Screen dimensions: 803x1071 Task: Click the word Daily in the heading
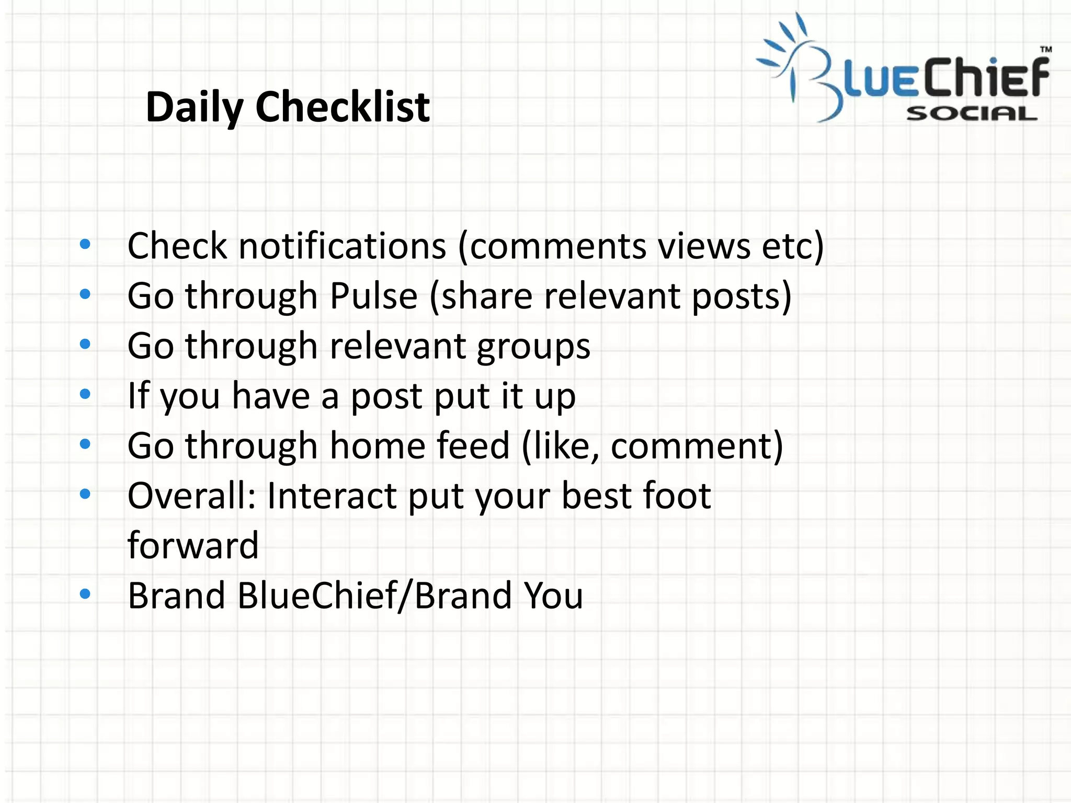(x=195, y=107)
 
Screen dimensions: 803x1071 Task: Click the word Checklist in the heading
(x=343, y=107)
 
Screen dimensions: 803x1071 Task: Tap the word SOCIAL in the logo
(x=971, y=113)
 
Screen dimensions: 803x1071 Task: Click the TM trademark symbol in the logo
(x=1045, y=50)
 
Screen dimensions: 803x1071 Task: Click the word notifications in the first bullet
(x=343, y=246)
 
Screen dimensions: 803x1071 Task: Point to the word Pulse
(x=373, y=296)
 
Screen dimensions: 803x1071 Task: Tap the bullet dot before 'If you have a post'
(x=85, y=394)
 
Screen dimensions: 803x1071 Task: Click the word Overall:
(x=191, y=496)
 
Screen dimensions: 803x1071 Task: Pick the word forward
(x=193, y=545)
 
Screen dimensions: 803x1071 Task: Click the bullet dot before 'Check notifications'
(x=85, y=244)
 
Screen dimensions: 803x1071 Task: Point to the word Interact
(x=332, y=496)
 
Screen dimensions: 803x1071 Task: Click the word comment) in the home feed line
(x=697, y=446)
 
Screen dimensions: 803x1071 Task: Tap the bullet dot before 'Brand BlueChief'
(x=85, y=593)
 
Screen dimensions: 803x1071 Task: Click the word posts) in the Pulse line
(x=742, y=296)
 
